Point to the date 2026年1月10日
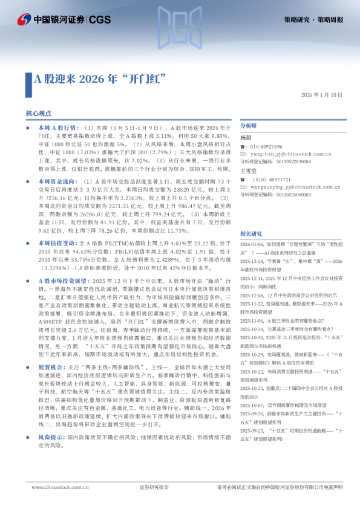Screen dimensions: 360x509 tap(321, 96)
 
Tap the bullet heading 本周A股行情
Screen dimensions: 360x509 tap(57, 129)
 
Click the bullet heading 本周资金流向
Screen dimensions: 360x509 tap(57, 181)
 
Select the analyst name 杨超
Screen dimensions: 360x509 tap(246, 138)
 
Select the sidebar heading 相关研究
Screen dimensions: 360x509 tap(251, 233)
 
